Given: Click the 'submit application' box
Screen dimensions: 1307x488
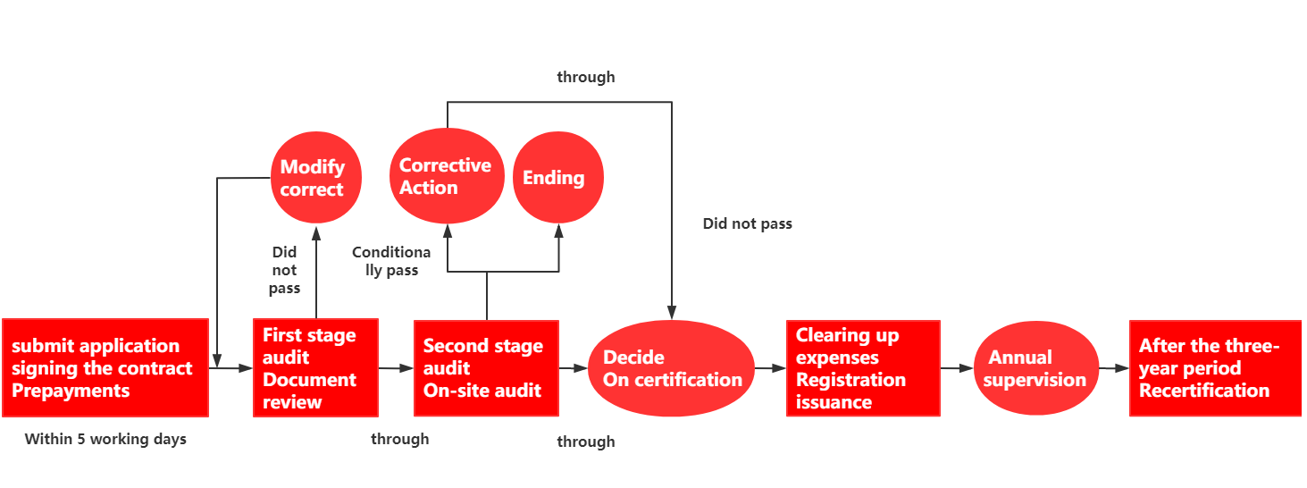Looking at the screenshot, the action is pos(105,367).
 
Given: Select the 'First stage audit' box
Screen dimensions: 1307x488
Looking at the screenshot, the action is pos(315,367).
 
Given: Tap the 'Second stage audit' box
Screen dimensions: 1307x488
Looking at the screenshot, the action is pos(487,368).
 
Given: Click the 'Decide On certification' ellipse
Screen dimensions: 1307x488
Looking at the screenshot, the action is pos(672,368).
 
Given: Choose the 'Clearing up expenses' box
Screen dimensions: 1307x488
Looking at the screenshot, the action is pos(864,368).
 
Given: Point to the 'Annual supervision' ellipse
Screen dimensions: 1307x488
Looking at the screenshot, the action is pos(1036,368).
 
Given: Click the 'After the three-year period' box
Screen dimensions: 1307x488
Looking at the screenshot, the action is pos(1215,368).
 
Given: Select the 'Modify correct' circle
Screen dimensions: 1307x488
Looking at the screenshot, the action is pos(316,178).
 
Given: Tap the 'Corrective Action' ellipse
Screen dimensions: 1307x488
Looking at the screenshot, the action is pos(447,176).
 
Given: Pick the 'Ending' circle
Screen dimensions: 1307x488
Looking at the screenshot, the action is pos(558,178).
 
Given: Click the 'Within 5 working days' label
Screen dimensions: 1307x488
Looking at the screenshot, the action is pos(105,439).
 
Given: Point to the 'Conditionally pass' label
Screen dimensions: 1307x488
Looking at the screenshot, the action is pos(391,261).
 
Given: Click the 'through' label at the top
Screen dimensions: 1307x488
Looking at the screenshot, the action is pos(586,77).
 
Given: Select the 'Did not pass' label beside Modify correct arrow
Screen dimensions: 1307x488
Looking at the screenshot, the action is pos(285,270).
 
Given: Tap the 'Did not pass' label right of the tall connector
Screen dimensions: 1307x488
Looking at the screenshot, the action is pos(748,223).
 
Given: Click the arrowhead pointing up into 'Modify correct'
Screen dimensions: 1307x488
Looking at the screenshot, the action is pos(316,233).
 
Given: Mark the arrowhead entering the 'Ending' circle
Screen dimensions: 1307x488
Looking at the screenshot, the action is pos(559,231).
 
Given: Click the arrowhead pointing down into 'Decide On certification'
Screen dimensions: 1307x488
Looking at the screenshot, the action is pos(672,312).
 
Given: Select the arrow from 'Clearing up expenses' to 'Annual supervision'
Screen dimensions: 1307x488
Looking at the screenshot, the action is pos(957,368).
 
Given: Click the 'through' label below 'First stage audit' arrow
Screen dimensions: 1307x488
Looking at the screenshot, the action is pos(400,439).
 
